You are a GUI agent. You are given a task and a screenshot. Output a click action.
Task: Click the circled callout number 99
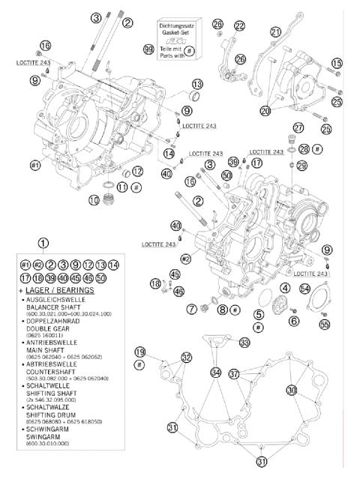pyautogui.click(x=148, y=49)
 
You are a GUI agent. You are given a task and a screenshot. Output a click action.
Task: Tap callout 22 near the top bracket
pyautogui.click(x=239, y=26)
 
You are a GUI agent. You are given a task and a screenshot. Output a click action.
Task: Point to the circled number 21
pyautogui.click(x=276, y=31)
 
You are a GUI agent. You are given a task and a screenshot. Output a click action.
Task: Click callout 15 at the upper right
pyautogui.click(x=337, y=62)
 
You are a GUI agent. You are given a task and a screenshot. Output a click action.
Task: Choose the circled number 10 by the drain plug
pyautogui.click(x=94, y=200)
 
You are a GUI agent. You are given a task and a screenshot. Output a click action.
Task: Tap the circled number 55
pyautogui.click(x=324, y=325)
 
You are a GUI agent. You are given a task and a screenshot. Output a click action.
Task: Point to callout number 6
pyautogui.click(x=294, y=321)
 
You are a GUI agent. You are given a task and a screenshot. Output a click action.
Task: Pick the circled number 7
pyautogui.click(x=191, y=309)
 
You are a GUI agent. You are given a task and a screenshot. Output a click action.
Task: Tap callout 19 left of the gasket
pyautogui.click(x=139, y=352)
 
